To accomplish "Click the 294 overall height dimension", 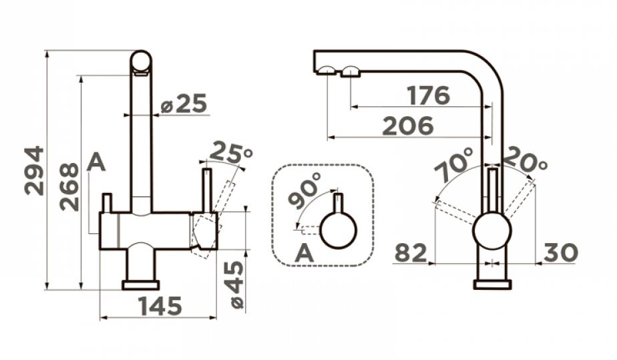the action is [34, 171].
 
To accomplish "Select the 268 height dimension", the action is [69, 187].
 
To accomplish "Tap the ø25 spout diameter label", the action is [184, 104].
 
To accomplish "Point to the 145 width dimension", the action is [160, 306].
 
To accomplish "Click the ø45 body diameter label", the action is [236, 285].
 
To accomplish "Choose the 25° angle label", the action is [231, 153].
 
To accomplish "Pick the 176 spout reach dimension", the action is [429, 96].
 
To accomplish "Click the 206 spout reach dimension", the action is [407, 126].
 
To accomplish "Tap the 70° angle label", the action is [454, 164].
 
